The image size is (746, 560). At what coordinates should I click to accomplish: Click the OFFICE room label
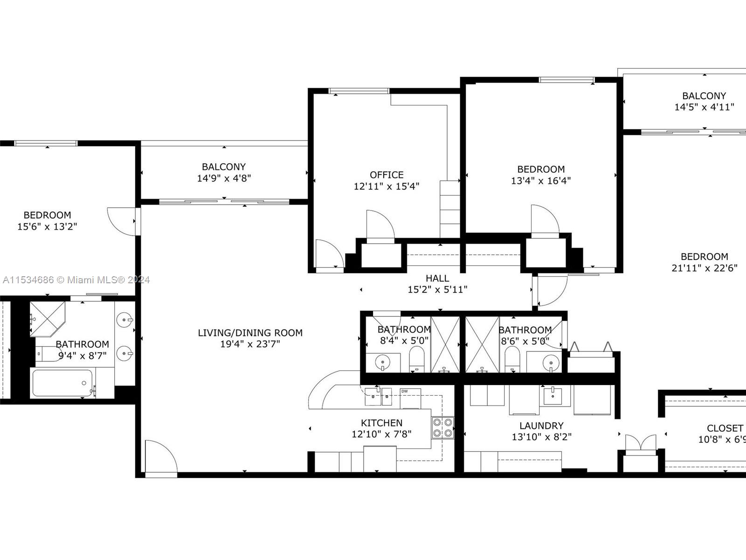[x=387, y=175]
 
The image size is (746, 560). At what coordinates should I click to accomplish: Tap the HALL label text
[x=437, y=278]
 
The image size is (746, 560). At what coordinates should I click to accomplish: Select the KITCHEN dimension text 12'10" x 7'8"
[x=381, y=434]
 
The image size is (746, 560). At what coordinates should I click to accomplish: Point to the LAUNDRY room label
[x=541, y=426]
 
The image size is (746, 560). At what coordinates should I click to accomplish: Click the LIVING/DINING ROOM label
[x=250, y=333]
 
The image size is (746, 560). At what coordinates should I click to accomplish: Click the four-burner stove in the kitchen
[x=442, y=428]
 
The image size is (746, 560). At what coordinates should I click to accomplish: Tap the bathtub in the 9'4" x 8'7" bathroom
[x=62, y=383]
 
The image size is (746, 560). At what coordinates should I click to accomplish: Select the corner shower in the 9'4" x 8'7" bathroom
[x=47, y=319]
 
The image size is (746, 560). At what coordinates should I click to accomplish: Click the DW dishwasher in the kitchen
[x=410, y=399]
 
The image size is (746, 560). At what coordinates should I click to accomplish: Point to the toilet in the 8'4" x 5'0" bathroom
[x=417, y=359]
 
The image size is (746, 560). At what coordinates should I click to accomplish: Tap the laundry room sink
[x=553, y=395]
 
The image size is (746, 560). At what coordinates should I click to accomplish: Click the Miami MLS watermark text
[x=76, y=280]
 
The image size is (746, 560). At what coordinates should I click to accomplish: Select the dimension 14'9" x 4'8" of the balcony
[x=224, y=178]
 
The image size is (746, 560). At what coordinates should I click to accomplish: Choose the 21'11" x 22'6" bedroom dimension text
[x=704, y=268]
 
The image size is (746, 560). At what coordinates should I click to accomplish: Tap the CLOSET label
[x=725, y=428]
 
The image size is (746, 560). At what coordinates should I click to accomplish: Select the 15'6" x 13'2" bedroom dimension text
[x=47, y=226]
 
